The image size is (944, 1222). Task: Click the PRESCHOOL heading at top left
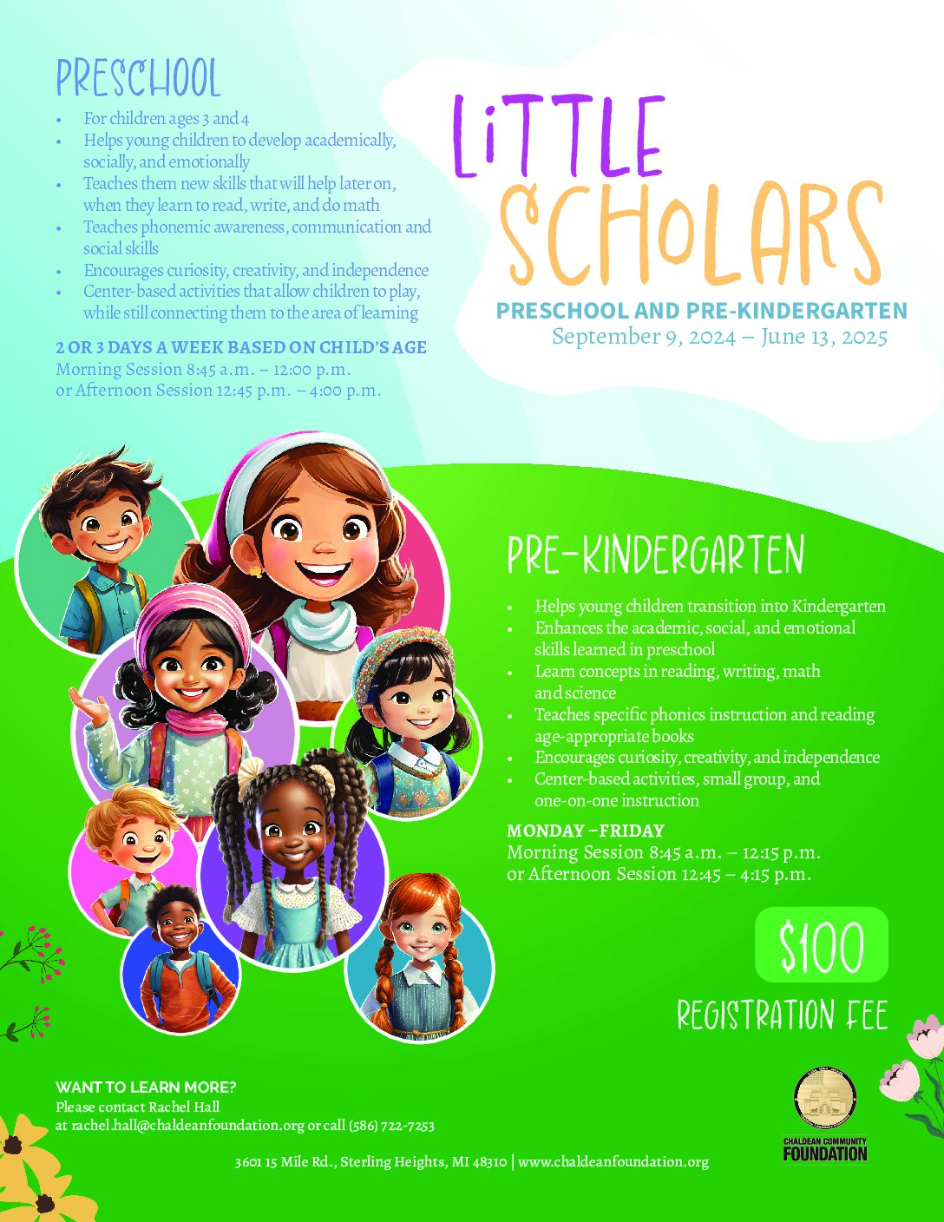[139, 79]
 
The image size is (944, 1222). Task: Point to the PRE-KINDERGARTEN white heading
[655, 556]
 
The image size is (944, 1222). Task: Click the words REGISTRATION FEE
[782, 1015]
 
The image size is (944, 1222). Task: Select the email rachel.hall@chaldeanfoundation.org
[187, 1126]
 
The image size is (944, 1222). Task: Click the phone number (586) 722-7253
[391, 1126]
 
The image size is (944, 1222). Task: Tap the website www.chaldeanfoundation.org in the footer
[613, 1161]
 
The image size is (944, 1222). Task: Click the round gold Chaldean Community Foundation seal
[825, 1097]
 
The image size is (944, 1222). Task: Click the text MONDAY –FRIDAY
[586, 831]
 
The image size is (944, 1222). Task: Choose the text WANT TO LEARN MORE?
[146, 1087]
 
